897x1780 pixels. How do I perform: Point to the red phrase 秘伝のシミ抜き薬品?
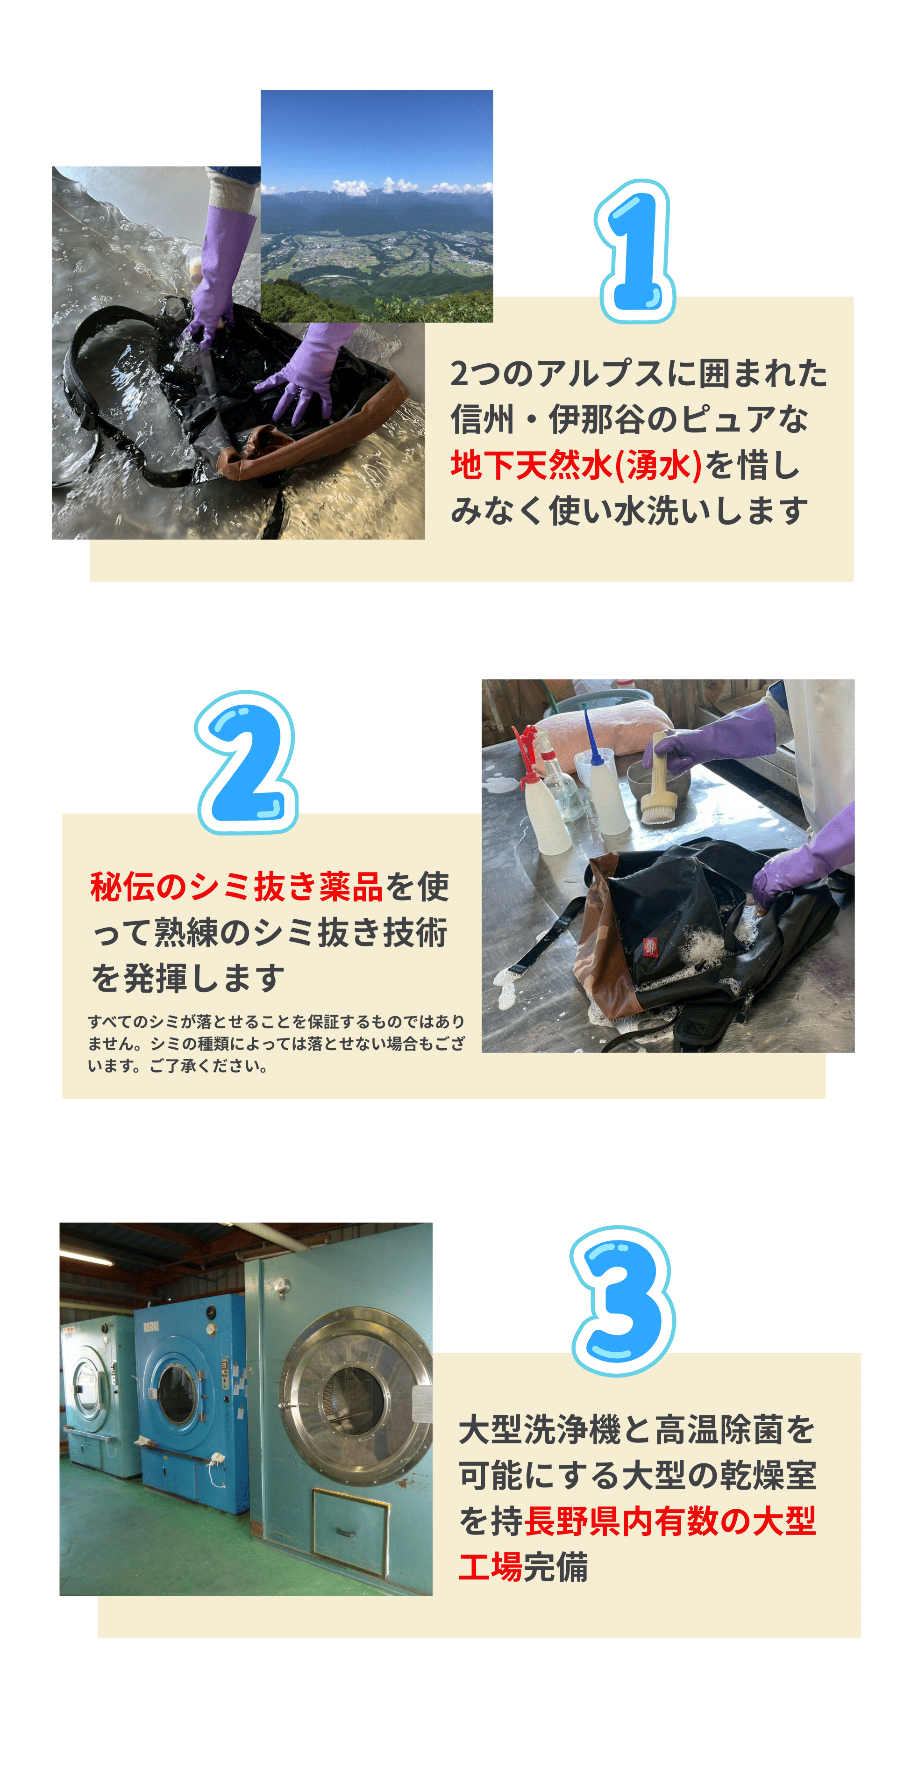[x=236, y=886]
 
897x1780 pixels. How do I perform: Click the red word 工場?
[x=490, y=1566]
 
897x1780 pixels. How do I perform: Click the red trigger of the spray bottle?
[x=526, y=753]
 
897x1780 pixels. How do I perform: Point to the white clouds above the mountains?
[x=377, y=186]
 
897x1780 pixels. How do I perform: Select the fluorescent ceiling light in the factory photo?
[x=86, y=1259]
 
